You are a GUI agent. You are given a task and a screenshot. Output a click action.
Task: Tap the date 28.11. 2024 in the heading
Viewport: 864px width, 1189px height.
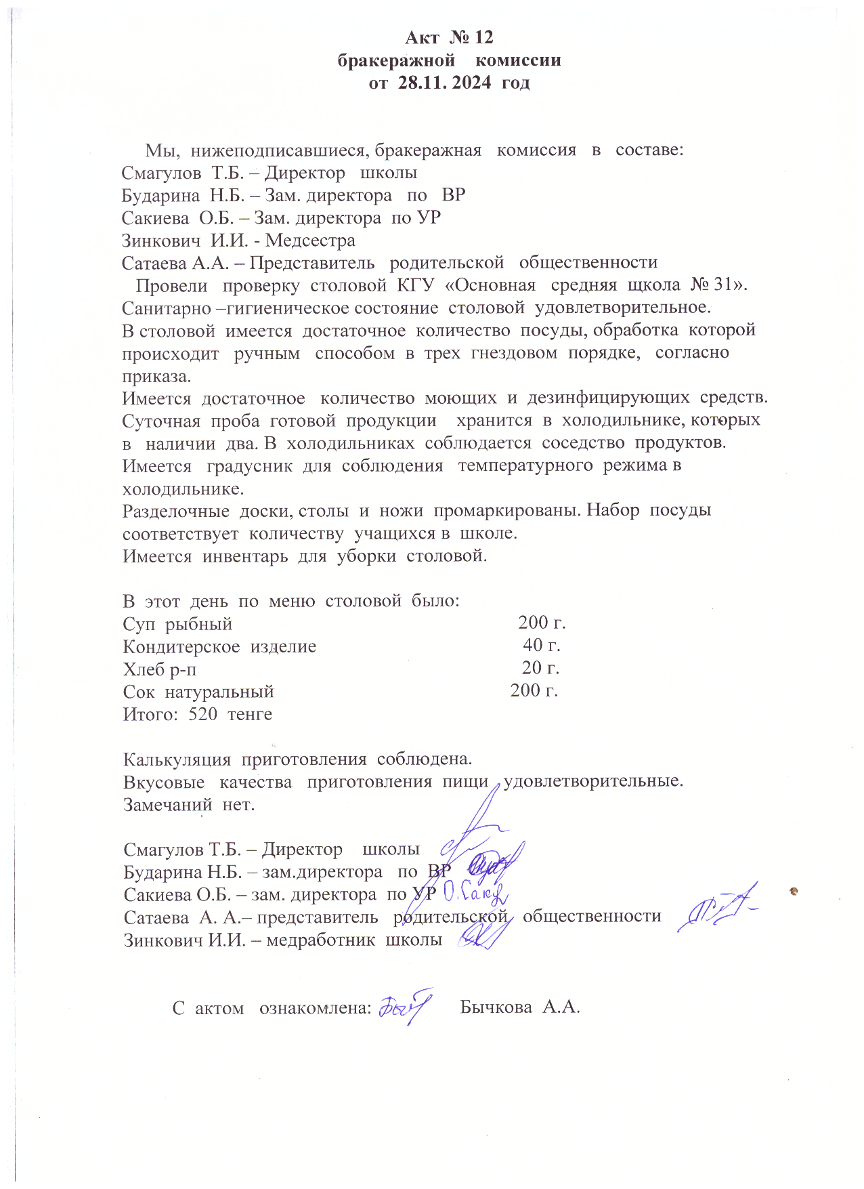(x=445, y=83)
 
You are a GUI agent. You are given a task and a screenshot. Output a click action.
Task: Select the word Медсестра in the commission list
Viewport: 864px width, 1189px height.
(x=310, y=241)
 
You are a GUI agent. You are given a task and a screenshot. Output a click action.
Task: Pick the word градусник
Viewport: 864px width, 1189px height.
(x=249, y=466)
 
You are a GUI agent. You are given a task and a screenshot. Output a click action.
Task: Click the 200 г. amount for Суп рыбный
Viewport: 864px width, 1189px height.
(x=542, y=623)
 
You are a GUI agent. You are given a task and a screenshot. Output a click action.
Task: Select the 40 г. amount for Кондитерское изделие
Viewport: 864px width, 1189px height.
(x=542, y=645)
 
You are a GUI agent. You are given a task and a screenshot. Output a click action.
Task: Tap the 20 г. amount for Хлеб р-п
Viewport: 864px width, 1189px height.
(x=540, y=668)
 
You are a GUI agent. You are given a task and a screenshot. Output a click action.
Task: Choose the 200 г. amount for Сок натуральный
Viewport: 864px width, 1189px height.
(x=534, y=690)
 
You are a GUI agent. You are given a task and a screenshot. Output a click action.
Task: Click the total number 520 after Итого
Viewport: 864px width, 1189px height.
(x=202, y=714)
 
